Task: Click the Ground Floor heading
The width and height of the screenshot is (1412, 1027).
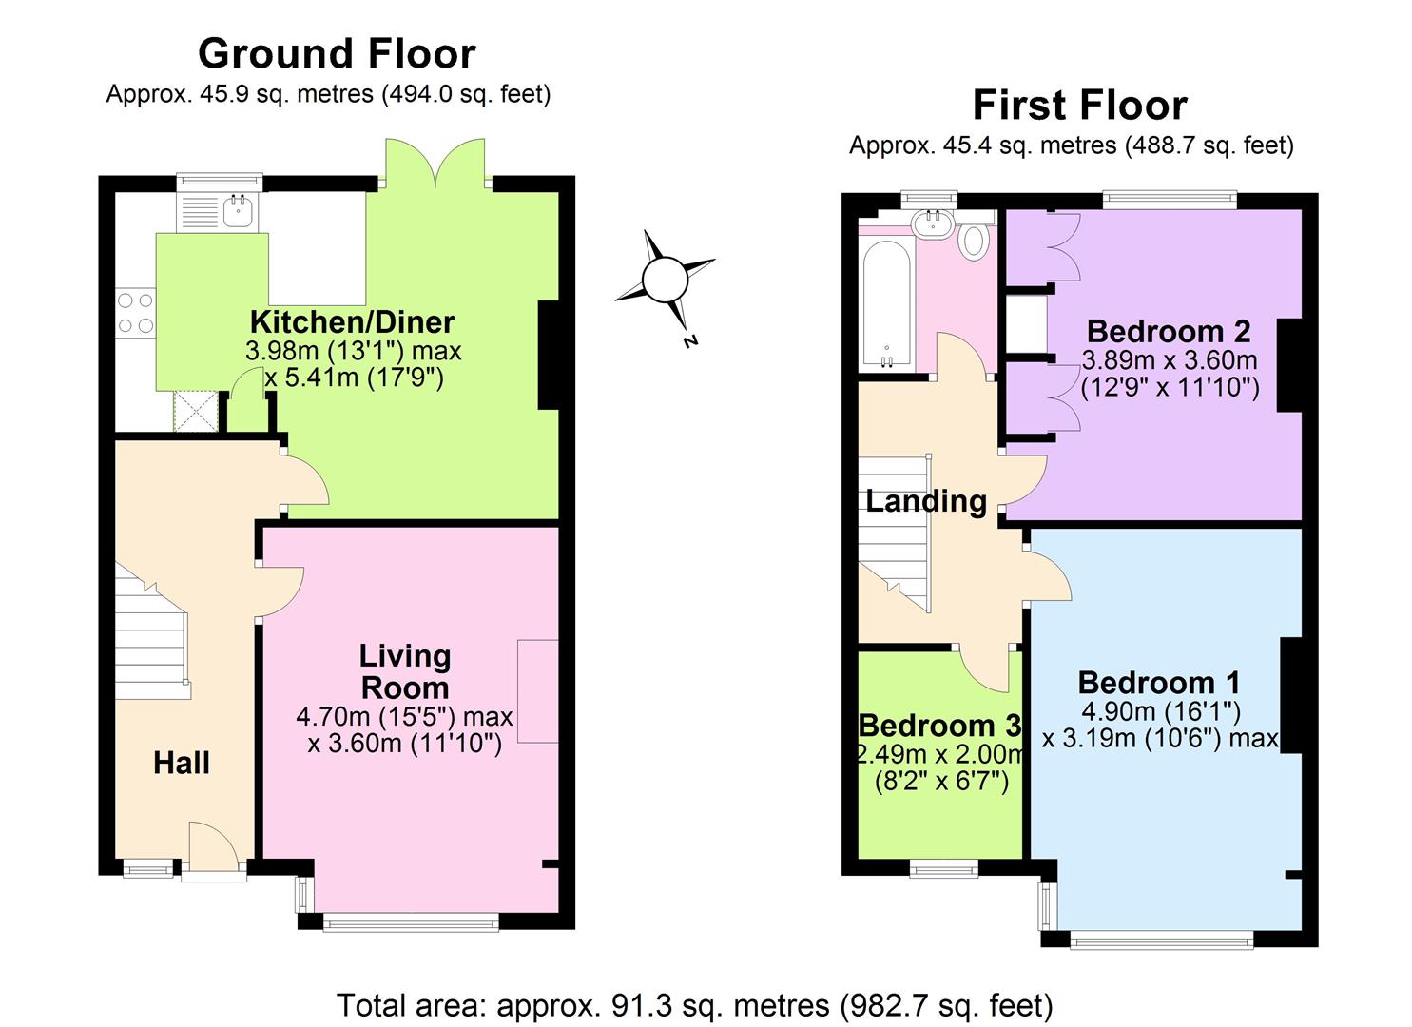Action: point(337,54)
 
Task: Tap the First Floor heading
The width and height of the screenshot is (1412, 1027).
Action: point(1079,105)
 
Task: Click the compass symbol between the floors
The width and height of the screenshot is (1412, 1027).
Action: point(664,281)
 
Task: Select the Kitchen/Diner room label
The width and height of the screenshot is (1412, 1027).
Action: point(352,321)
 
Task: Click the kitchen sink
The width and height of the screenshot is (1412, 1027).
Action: point(238,212)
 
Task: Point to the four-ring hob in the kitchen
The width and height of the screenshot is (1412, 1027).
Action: point(135,313)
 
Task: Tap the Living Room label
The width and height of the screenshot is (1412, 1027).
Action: point(404,671)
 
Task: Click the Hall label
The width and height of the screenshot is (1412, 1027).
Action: point(181,763)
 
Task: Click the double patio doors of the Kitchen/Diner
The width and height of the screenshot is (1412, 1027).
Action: point(436,164)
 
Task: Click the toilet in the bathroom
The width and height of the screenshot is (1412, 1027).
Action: point(972,241)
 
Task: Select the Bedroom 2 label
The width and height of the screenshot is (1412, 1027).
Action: point(1169,332)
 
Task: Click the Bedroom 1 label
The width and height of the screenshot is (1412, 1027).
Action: point(1159,683)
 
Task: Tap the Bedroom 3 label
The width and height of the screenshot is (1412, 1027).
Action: point(939,726)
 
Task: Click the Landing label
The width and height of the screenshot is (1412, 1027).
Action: point(926,501)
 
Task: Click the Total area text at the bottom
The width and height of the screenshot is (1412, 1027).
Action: point(695,1004)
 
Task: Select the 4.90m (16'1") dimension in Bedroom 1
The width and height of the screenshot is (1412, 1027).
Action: point(1159,711)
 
